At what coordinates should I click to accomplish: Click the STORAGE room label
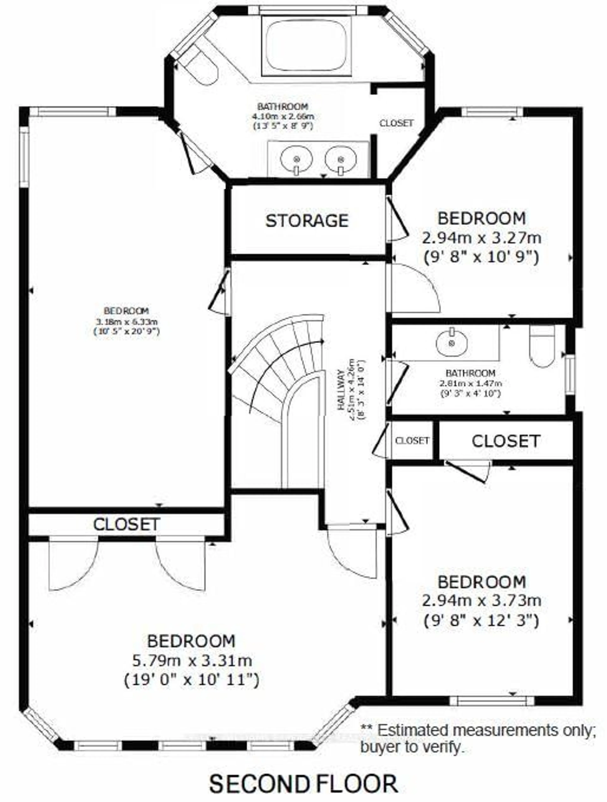(x=307, y=221)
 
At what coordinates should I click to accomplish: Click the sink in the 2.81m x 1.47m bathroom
(x=451, y=342)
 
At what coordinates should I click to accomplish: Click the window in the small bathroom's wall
(x=570, y=375)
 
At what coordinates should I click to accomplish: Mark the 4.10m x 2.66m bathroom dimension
(x=283, y=116)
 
